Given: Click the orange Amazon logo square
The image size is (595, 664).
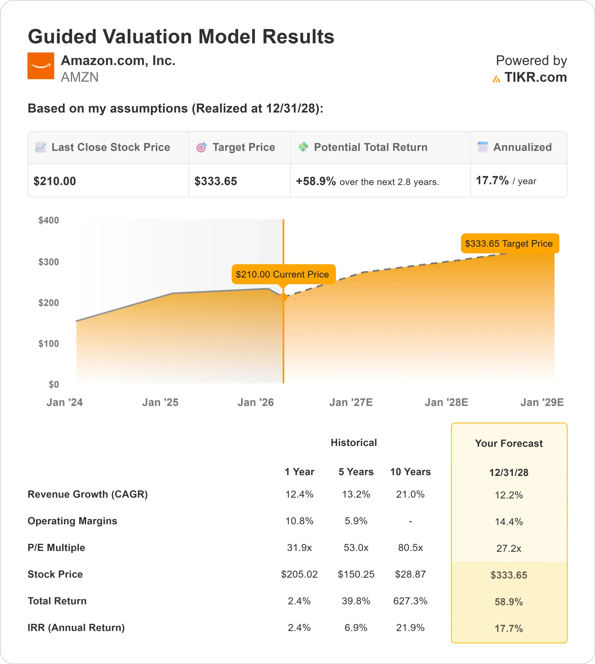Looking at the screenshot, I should (x=40, y=66).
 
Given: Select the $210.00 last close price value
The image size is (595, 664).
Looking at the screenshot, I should (x=54, y=181).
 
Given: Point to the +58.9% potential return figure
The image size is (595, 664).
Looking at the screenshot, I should (x=316, y=181).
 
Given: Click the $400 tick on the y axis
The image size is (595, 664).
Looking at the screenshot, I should (x=49, y=220).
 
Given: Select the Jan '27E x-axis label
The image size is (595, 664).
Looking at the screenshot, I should (x=351, y=402).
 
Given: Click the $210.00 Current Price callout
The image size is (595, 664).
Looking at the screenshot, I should (x=283, y=274).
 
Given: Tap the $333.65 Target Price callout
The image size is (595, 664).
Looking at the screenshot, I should (x=509, y=244).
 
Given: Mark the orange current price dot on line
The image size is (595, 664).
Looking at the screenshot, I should (x=283, y=297).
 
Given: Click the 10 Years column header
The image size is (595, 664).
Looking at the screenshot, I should (x=410, y=472).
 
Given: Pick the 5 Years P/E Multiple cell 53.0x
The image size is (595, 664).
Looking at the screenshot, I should (x=356, y=548).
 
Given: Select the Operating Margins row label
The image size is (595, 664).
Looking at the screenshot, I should (x=72, y=521).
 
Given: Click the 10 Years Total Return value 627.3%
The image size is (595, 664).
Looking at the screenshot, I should (x=410, y=601).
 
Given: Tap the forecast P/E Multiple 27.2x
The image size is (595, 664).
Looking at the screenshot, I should (x=509, y=548).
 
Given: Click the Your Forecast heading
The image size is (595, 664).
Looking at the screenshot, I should (x=509, y=444).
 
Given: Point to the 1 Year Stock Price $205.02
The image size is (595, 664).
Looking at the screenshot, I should (x=299, y=574).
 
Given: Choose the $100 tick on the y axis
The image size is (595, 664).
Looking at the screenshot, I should (x=49, y=343).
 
